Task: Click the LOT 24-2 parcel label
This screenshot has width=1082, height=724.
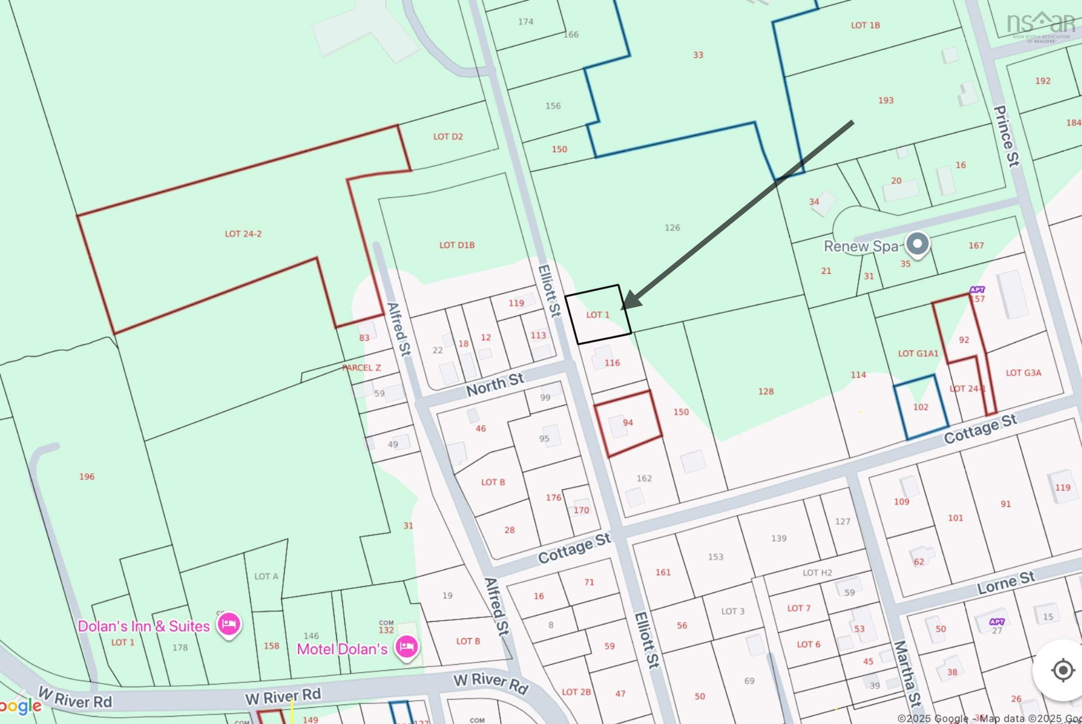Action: click(243, 234)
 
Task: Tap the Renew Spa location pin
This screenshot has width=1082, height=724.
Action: click(917, 244)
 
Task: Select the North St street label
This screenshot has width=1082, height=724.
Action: click(495, 384)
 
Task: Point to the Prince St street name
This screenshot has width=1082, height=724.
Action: click(1006, 136)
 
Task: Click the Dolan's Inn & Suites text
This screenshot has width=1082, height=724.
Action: click(143, 626)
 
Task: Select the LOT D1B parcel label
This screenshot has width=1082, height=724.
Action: click(456, 245)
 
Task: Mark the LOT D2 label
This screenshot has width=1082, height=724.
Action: click(448, 137)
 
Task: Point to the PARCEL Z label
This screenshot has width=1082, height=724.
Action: click(362, 368)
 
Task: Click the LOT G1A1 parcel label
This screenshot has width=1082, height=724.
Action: click(918, 354)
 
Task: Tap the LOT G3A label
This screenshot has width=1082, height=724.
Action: click(1023, 372)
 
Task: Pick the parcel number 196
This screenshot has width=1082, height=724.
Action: click(87, 477)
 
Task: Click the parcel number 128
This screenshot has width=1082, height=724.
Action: click(766, 392)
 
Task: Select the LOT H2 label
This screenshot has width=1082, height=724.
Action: click(817, 573)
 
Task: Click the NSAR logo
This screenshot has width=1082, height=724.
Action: click(1041, 27)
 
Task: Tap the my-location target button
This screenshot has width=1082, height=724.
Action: click(1063, 670)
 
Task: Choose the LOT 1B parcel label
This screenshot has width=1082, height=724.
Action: click(866, 25)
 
